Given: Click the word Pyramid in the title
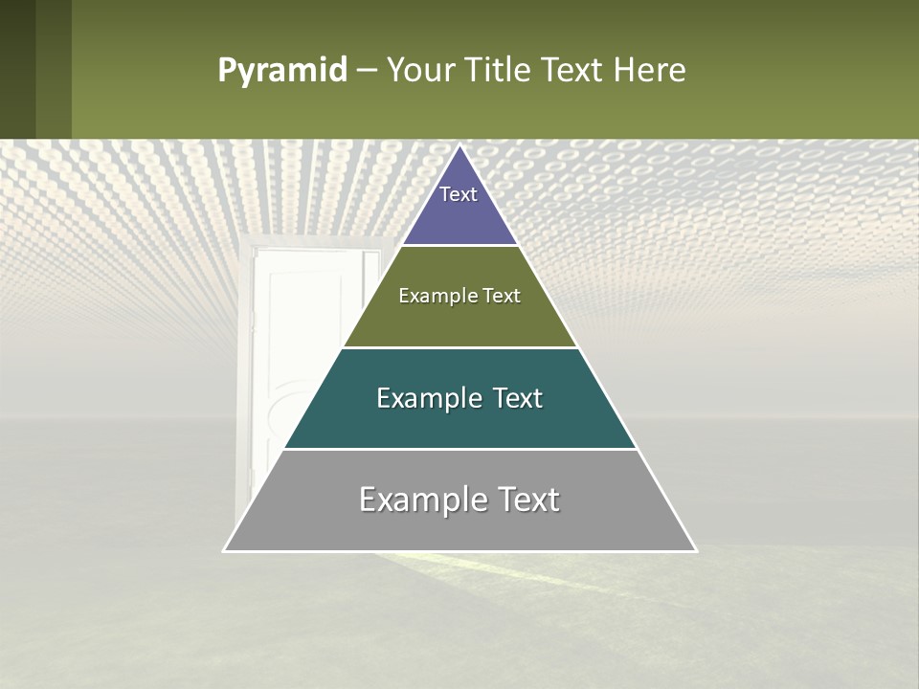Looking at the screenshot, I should click(281, 71).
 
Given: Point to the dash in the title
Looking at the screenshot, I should click(366, 72).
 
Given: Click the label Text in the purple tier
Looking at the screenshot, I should click(459, 194).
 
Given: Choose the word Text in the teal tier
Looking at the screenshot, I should click(512, 398).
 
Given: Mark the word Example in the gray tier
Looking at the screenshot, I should click(417, 500).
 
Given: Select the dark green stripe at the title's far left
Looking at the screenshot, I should click(17, 69).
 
